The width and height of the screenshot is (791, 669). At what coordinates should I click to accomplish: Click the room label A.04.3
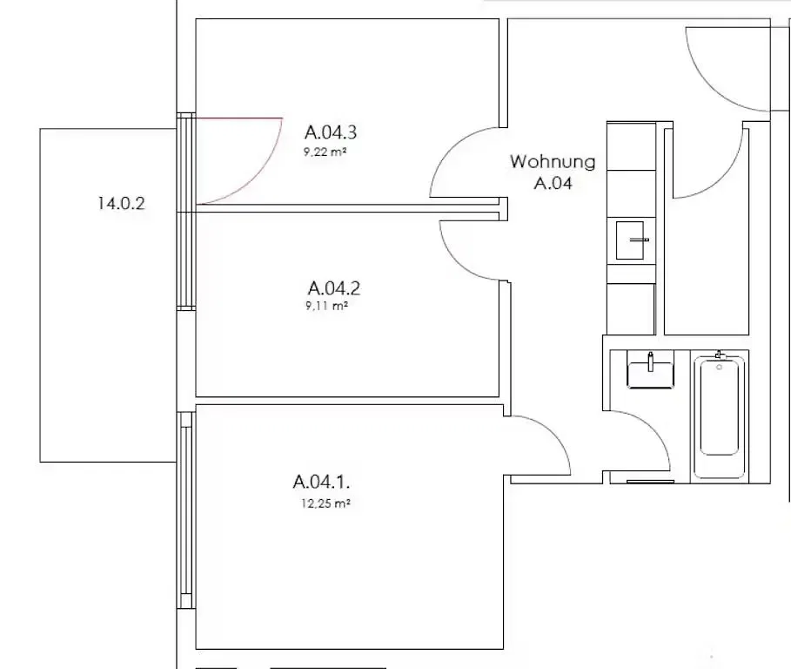pyautogui.click(x=331, y=132)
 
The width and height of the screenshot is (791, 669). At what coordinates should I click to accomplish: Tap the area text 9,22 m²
pyautogui.click(x=325, y=152)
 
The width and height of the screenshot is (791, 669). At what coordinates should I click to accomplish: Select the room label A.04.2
pyautogui.click(x=334, y=288)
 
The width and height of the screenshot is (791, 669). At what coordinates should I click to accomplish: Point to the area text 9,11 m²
pyautogui.click(x=327, y=306)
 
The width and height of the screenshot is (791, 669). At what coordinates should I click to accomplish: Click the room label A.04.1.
pyautogui.click(x=321, y=482)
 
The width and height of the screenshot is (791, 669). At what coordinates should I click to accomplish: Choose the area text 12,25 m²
pyautogui.click(x=325, y=503)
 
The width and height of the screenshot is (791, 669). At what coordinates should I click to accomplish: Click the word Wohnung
pyautogui.click(x=553, y=161)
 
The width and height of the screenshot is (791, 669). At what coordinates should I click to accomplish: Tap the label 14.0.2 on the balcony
pyautogui.click(x=121, y=204)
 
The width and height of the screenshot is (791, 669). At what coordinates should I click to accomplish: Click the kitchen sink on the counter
pyautogui.click(x=630, y=240)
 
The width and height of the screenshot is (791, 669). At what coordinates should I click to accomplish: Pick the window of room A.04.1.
pyautogui.click(x=186, y=510)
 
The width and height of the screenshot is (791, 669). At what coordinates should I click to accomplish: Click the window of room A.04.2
pyautogui.click(x=186, y=260)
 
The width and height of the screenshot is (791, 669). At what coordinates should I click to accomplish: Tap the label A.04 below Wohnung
pyautogui.click(x=553, y=183)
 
